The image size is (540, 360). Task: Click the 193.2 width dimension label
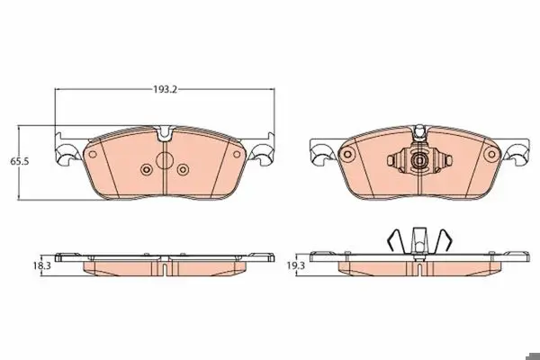tap(165, 90)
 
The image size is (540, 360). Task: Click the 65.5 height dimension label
tap(19, 161)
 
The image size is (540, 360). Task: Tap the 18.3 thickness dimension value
tap(41, 265)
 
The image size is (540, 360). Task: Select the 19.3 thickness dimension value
tap(296, 265)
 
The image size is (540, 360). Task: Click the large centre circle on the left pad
tap(165, 160)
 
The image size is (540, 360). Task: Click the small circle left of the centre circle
tap(147, 169)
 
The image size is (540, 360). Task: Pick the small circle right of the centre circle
tap(183, 169)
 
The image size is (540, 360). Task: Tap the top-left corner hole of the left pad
tap(93, 154)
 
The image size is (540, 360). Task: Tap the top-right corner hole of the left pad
tap(237, 154)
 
